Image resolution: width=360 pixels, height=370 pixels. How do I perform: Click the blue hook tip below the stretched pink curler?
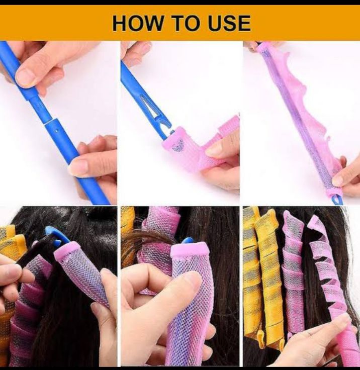[339, 200]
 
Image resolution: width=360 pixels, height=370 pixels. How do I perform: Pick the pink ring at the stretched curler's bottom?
[332, 192]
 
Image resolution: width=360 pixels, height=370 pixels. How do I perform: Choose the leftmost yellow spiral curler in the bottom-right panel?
[251, 271]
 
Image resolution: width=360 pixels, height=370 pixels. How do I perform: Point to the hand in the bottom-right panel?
[322, 337]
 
